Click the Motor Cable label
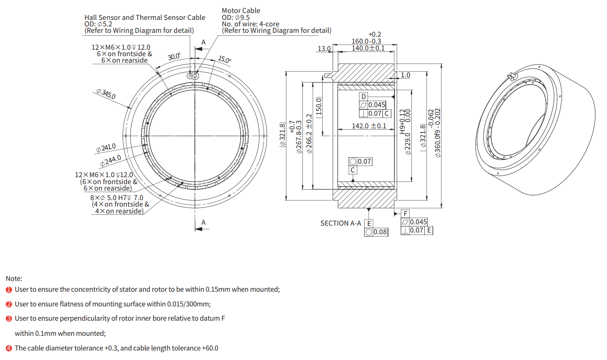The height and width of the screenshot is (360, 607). (x=241, y=10)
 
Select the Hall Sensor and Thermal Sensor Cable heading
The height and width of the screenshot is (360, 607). (x=145, y=18)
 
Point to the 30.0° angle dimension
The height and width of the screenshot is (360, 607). (x=174, y=57)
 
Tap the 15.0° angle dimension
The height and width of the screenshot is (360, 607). (x=224, y=59)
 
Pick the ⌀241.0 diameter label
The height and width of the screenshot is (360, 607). (x=106, y=148)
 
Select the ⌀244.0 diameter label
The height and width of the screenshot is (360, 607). (x=111, y=161)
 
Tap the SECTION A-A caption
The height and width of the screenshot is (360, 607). (x=340, y=223)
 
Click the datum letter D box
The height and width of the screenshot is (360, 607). (x=364, y=96)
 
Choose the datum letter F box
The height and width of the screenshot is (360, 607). (x=405, y=214)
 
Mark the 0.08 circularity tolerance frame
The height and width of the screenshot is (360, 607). (x=376, y=232)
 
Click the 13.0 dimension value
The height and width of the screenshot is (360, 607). (x=324, y=48)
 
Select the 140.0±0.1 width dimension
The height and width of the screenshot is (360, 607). (x=368, y=48)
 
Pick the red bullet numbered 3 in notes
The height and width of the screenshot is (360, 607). (x=9, y=319)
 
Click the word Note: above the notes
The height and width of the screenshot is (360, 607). (x=14, y=279)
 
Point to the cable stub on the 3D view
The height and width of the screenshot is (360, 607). (x=512, y=76)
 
